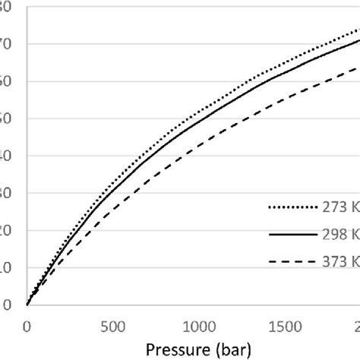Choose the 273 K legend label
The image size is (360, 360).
346,205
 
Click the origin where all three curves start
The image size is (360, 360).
27,305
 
